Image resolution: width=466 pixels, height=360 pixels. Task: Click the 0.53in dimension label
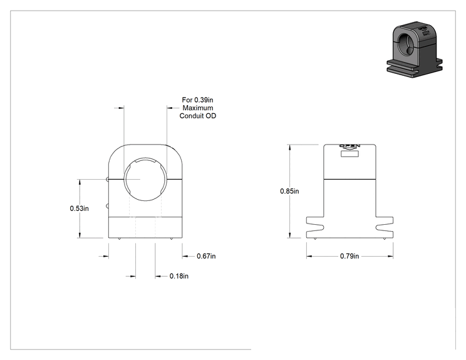click(x=79, y=208)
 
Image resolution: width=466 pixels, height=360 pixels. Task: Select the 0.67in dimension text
click(x=206, y=256)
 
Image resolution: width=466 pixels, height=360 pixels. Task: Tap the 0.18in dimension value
click(x=179, y=276)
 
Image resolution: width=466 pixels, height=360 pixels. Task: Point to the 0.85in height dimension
click(x=289, y=191)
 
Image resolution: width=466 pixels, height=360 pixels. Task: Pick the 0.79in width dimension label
click(x=349, y=256)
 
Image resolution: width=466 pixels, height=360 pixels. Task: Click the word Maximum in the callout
click(x=198, y=108)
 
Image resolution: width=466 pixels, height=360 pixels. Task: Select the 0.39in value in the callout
click(x=204, y=100)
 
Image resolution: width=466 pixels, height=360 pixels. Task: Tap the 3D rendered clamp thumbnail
click(x=415, y=49)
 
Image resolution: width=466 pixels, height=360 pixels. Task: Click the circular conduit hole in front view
click(x=145, y=159)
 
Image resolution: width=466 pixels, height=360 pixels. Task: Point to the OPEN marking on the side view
click(x=349, y=146)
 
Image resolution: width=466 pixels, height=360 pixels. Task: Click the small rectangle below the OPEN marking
click(x=349, y=154)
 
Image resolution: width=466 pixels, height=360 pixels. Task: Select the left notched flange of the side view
click(x=315, y=227)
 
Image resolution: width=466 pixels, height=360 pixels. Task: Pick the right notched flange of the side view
click(x=385, y=227)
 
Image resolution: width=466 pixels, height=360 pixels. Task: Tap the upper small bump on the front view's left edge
click(x=107, y=178)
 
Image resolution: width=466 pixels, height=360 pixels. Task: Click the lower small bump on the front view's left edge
click(x=107, y=206)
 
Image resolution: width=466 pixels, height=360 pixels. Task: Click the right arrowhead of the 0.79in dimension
click(x=390, y=256)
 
